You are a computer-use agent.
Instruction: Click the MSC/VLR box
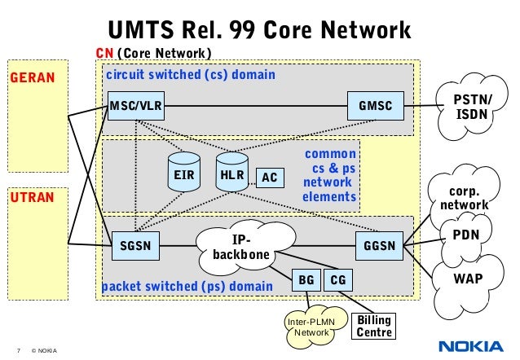pos(136,106)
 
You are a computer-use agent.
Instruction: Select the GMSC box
pos(375,106)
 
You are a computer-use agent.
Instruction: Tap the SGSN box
pos(134,244)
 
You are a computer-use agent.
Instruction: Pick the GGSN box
pos(379,244)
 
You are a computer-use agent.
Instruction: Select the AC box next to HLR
pos(269,178)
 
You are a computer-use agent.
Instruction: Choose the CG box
pos(337,281)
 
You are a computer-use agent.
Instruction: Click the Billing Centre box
pos(376,326)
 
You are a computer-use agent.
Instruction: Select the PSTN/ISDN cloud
pos(472,107)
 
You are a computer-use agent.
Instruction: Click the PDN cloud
pos(465,235)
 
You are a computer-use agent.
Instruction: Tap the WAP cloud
pos(468,279)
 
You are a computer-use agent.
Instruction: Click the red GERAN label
pos(31,78)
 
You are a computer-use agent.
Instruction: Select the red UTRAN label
pos(31,198)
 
